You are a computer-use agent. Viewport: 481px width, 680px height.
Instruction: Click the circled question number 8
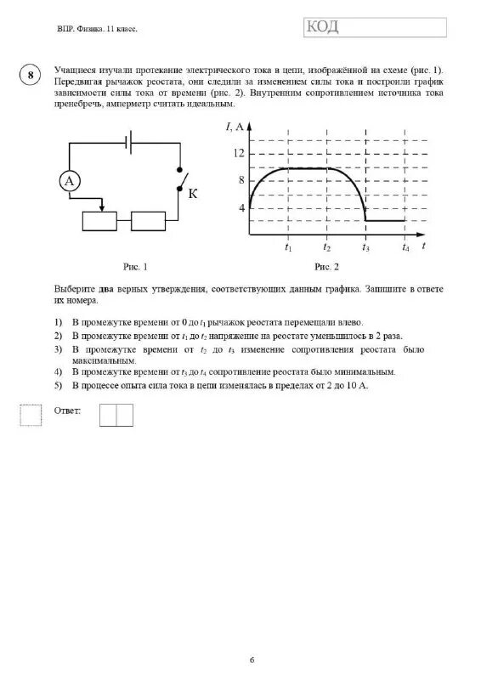pyautogui.click(x=30, y=75)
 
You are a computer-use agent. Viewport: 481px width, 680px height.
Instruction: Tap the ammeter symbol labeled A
pyautogui.click(x=71, y=181)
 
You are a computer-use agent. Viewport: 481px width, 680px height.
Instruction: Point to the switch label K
pyautogui.click(x=192, y=194)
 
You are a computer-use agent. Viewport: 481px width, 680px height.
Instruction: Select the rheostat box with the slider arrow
pyautogui.click(x=103, y=220)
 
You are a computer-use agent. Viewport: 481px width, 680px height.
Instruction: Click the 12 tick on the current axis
pyautogui.click(x=239, y=153)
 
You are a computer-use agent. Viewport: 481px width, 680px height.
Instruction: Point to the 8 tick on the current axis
pyautogui.click(x=240, y=180)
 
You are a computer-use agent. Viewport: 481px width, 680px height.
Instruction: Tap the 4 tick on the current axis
pyautogui.click(x=240, y=207)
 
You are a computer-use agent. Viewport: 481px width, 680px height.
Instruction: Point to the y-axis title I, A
pyautogui.click(x=235, y=127)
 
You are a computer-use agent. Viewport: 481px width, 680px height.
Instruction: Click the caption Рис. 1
pyautogui.click(x=134, y=267)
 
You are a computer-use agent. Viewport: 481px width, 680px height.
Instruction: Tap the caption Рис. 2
pyautogui.click(x=326, y=267)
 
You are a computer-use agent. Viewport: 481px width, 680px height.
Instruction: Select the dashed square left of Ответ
pyautogui.click(x=31, y=414)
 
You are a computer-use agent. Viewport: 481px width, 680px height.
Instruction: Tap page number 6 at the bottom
pyautogui.click(x=252, y=660)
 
